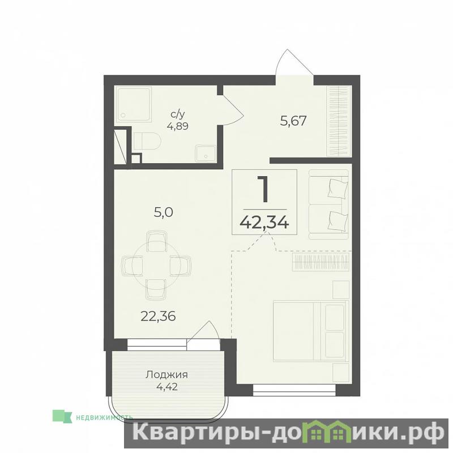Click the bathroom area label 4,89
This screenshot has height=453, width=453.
[x=177, y=126]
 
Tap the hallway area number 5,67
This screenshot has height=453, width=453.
[x=293, y=121]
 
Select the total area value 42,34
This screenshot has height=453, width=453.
[x=264, y=223]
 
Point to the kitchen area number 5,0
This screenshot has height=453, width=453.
[x=163, y=213]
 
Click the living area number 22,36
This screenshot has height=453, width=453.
[x=158, y=317]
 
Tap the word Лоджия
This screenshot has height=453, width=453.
[x=166, y=375]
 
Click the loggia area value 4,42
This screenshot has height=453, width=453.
[x=166, y=386]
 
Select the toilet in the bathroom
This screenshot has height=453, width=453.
[x=147, y=141]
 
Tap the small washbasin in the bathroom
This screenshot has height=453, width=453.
[x=206, y=153]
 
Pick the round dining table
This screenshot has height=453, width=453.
[x=156, y=264]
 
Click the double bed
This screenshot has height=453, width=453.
[x=311, y=331]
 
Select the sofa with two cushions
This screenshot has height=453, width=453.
[x=328, y=204]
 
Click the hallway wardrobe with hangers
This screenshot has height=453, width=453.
[x=339, y=121]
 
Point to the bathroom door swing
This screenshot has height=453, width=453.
[x=233, y=110]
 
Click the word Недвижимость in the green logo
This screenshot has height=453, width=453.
[x=104, y=417]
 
